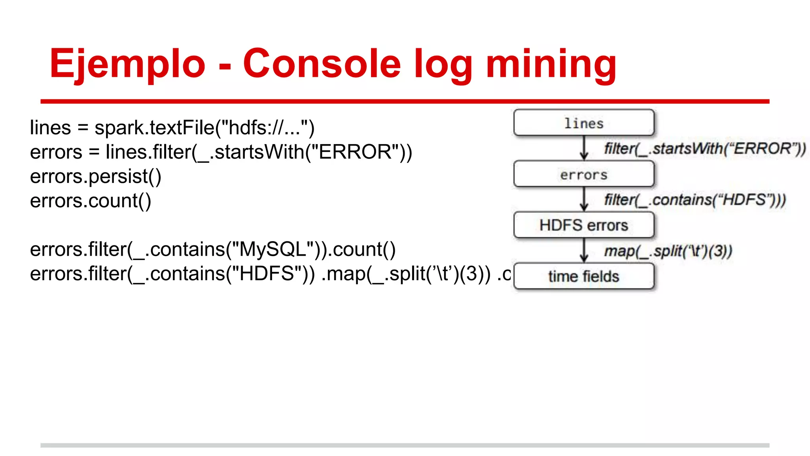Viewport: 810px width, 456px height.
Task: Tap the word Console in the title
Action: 322,63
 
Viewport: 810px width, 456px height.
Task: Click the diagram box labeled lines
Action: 584,123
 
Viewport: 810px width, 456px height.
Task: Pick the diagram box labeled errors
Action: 584,174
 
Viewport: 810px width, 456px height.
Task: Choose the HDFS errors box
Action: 584,225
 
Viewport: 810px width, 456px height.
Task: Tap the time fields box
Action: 584,276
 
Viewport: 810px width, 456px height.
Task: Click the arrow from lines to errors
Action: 584,148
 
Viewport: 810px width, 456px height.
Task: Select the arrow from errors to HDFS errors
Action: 584,199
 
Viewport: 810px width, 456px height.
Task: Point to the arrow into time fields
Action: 584,250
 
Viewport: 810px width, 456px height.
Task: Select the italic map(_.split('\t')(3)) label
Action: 668,251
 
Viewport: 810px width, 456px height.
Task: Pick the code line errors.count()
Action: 91,201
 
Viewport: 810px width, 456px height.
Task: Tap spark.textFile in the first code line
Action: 154,128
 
